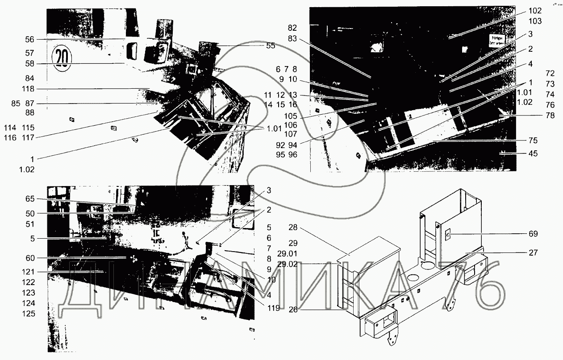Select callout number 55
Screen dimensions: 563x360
pyautogui.click(x=271, y=46)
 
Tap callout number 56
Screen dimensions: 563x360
pyautogui.click(x=30, y=39)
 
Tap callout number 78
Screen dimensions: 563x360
pyautogui.click(x=538, y=115)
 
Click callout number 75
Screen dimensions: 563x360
pyautogui.click(x=533, y=140)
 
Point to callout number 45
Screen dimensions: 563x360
pyautogui.click(x=533, y=154)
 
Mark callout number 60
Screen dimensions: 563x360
pyautogui.click(x=30, y=258)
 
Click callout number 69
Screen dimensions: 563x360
pyautogui.click(x=533, y=233)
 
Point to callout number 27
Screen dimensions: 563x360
pyautogui.click(x=533, y=252)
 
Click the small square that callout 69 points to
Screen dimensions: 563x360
pyautogui.click(x=448, y=233)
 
